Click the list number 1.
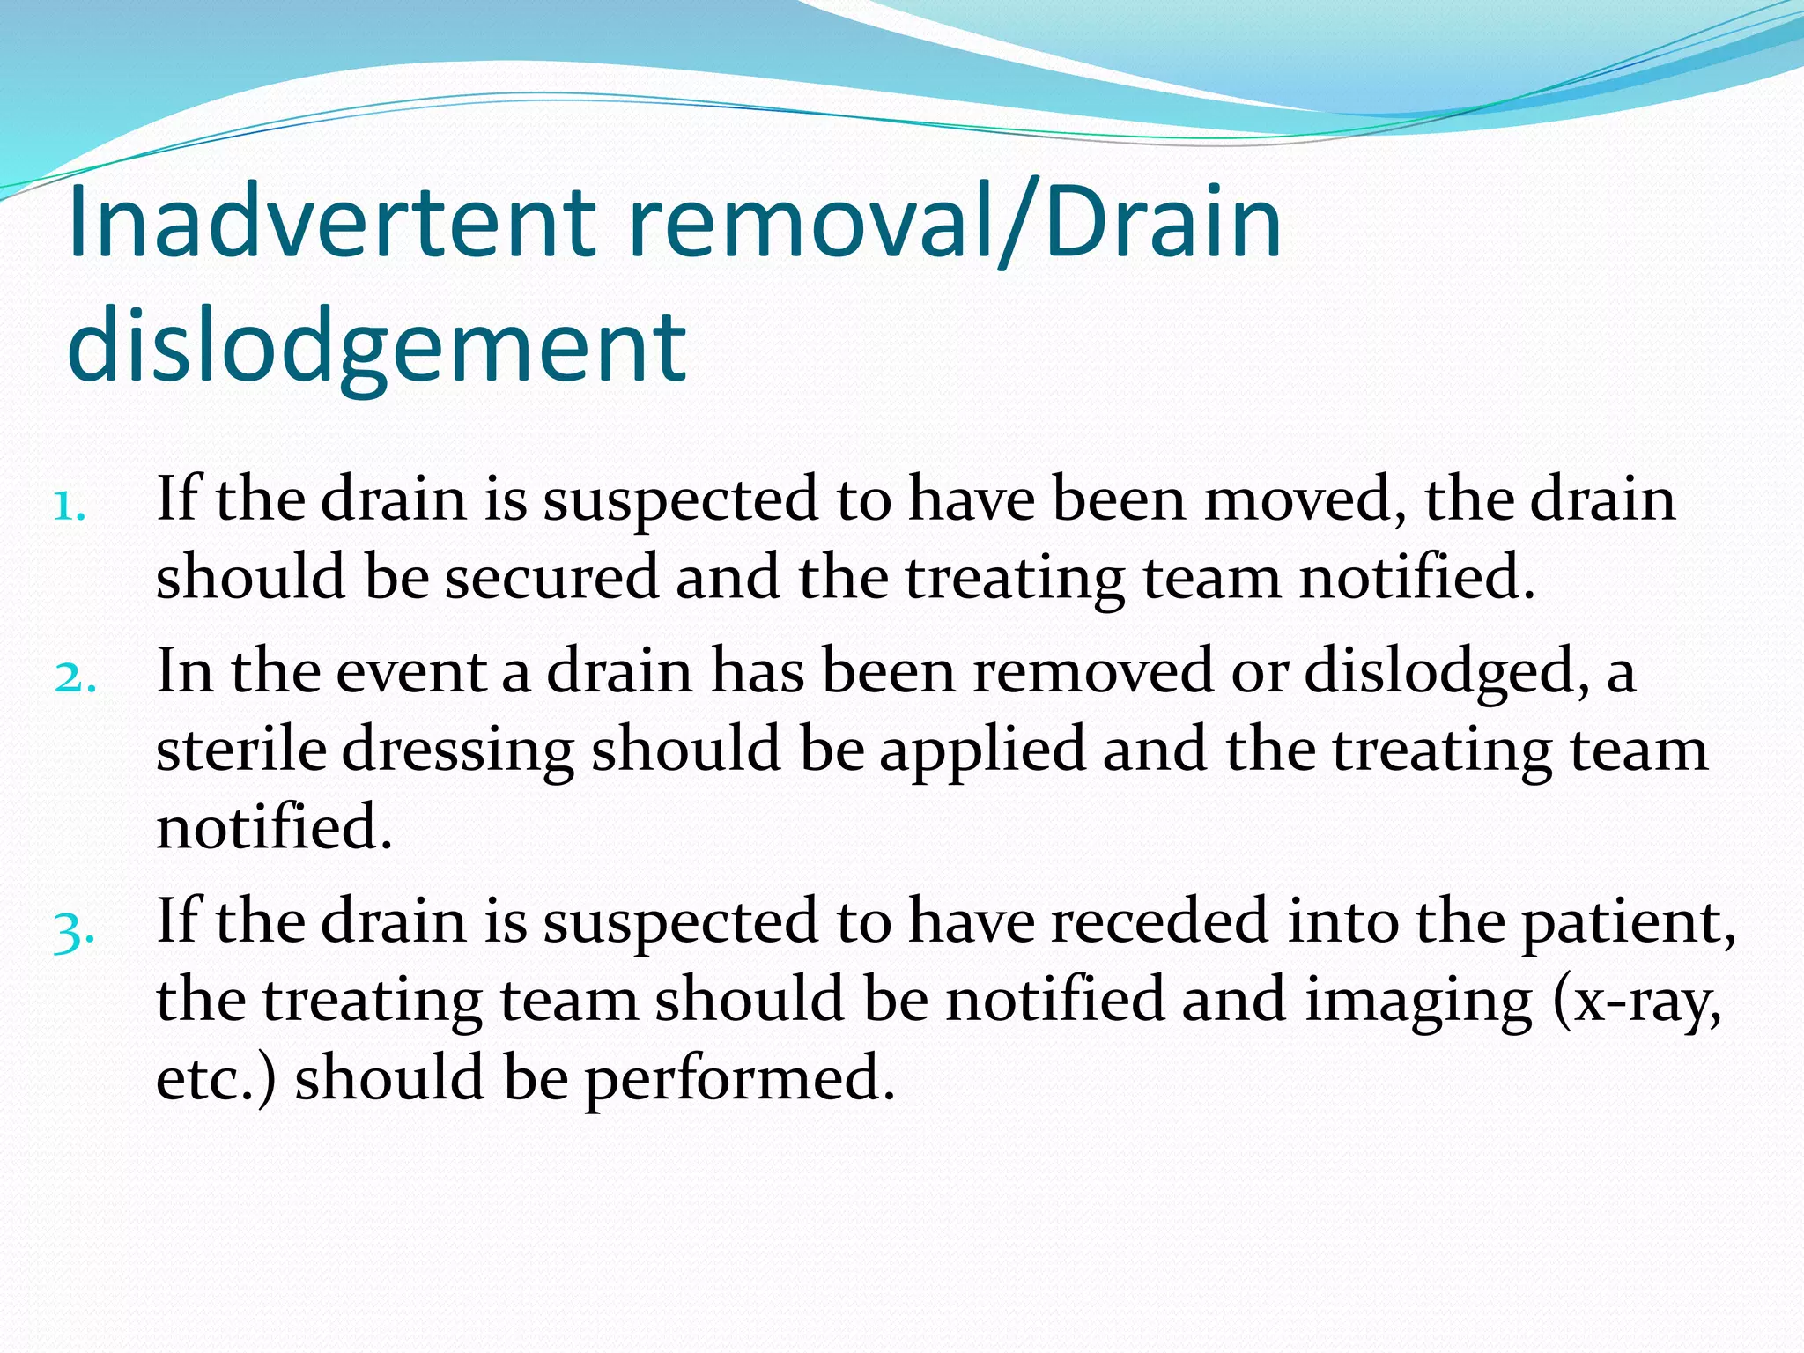point(69,507)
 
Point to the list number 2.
point(75,678)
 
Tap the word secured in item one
point(551,577)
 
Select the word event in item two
point(412,671)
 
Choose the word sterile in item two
point(240,750)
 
